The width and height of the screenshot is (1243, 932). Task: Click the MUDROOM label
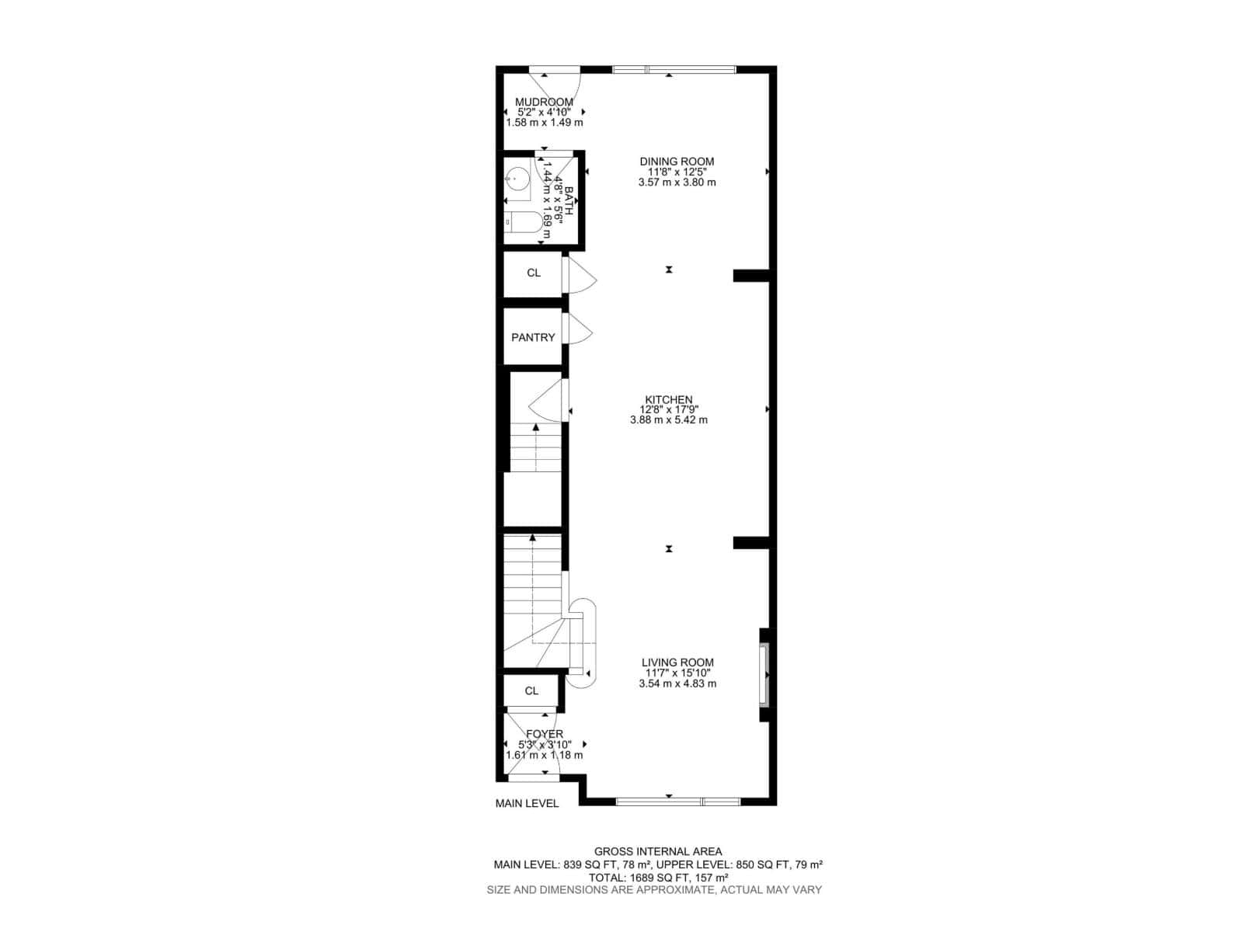(544, 102)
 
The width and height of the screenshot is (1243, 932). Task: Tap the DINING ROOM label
(677, 162)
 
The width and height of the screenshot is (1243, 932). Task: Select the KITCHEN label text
(668, 400)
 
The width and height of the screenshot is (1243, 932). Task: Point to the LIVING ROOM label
(677, 662)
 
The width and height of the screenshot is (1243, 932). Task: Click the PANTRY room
(533, 337)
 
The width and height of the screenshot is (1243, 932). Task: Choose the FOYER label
(544, 734)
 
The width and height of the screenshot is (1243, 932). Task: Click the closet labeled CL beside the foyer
(531, 690)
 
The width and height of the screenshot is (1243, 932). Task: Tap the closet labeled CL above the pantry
(533, 273)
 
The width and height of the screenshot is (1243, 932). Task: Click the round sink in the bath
(515, 179)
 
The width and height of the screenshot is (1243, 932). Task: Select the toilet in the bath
(522, 222)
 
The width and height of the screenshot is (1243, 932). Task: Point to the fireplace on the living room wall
(764, 674)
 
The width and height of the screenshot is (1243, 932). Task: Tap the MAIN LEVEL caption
(527, 803)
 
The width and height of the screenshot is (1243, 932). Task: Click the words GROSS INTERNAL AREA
(658, 851)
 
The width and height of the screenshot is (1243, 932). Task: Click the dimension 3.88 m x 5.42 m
(668, 420)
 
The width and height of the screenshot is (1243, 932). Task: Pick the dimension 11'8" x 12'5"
(677, 172)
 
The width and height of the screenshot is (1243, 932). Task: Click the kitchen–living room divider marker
(668, 549)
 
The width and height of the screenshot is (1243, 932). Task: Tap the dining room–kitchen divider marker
(668, 270)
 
